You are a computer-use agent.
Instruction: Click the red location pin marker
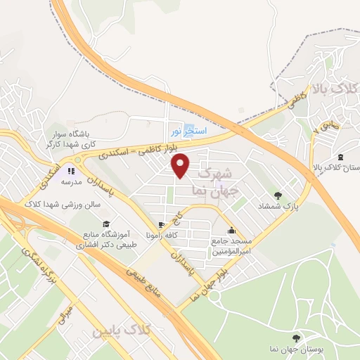click(x=181, y=166)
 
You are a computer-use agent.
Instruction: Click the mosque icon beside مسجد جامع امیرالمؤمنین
click(x=231, y=231)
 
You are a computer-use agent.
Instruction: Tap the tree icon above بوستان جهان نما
click(x=302, y=338)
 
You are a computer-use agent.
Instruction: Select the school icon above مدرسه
click(x=70, y=171)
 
